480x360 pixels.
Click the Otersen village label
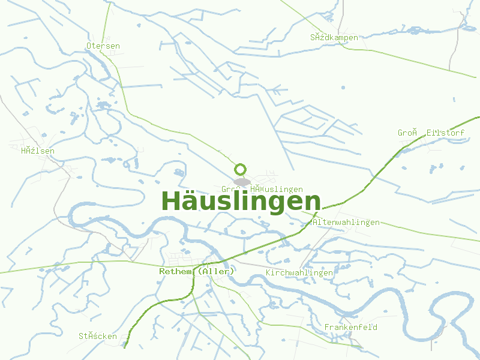(x=103, y=46)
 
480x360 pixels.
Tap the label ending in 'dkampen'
(x=334, y=37)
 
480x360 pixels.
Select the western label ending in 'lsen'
(x=38, y=151)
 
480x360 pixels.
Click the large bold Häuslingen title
(x=241, y=200)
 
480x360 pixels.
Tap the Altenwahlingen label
(x=346, y=222)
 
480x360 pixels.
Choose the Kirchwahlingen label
(x=299, y=272)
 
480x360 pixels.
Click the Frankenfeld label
(x=350, y=327)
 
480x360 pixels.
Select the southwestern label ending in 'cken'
(x=98, y=336)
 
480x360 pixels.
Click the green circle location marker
(x=241, y=169)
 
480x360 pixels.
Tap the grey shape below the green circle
(x=242, y=181)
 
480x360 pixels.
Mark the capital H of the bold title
(x=172, y=200)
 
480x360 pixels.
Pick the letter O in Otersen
(x=89, y=46)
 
